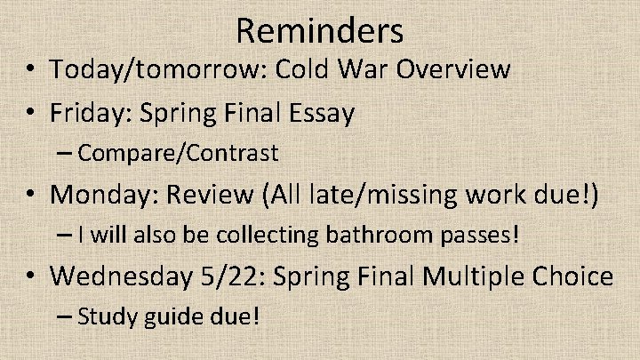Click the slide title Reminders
tap(320, 31)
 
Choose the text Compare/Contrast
tap(178, 153)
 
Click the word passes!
tap(476, 236)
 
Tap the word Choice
tap(574, 276)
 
